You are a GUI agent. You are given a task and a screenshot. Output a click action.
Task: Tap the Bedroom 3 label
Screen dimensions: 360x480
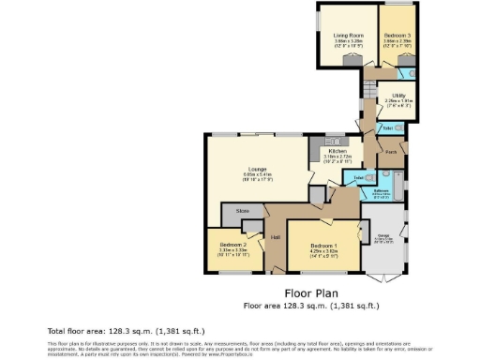pos(397,36)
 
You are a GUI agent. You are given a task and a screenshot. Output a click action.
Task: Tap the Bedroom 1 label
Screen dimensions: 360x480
pos(322,246)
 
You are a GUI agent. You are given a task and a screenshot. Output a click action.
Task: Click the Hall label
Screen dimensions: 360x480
pos(276,237)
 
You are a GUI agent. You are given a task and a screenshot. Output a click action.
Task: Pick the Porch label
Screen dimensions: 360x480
pos(391,152)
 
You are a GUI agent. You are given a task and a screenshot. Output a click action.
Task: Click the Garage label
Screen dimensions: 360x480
pos(382,235)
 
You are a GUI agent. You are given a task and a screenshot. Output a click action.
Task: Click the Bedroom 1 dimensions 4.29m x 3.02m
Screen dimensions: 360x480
pos(322,251)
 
